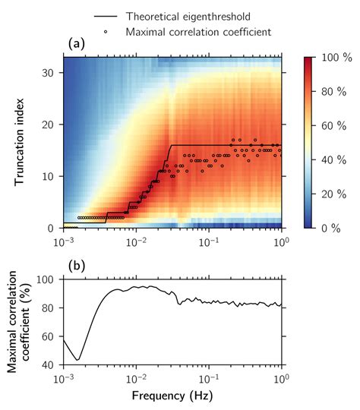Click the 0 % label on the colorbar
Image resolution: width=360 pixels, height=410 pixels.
coord(330,227)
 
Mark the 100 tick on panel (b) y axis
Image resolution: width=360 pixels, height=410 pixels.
coord(49,279)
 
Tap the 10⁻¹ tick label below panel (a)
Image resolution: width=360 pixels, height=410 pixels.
coord(209,241)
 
